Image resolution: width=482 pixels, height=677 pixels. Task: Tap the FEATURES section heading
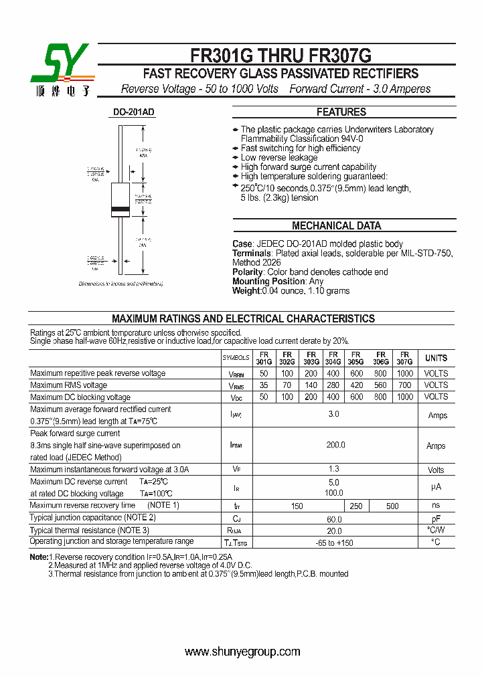pyautogui.click(x=341, y=112)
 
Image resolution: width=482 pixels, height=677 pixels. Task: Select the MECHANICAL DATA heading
pyautogui.click(x=337, y=226)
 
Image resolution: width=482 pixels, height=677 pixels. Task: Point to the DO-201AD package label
pyautogui.click(x=134, y=112)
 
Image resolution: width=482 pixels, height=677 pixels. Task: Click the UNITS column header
pyautogui.click(x=436, y=359)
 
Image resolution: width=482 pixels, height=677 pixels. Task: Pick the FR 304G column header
pyautogui.click(x=333, y=359)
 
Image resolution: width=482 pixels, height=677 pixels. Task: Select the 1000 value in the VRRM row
pyautogui.click(x=404, y=373)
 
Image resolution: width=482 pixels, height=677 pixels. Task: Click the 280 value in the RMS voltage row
pyautogui.click(x=333, y=385)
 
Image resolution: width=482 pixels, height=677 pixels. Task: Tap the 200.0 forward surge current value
pyautogui.click(x=335, y=446)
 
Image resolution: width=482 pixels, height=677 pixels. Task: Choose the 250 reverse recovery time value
pyautogui.click(x=356, y=506)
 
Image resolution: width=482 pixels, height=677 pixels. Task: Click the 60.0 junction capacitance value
pyautogui.click(x=334, y=519)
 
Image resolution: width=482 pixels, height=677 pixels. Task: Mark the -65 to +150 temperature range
pyautogui.click(x=334, y=543)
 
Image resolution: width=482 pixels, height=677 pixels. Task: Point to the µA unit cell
pyautogui.click(x=436, y=488)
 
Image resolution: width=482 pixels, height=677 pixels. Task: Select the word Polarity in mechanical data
pyautogui.click(x=247, y=272)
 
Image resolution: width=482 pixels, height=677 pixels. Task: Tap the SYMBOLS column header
pyautogui.click(x=236, y=359)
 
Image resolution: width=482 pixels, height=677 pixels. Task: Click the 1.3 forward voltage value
pyautogui.click(x=334, y=470)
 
